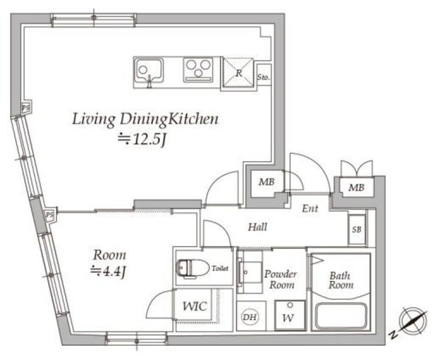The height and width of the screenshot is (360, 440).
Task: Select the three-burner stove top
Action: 198,70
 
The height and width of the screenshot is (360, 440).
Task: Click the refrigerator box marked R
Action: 238,73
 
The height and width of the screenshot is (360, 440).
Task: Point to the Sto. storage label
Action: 264,76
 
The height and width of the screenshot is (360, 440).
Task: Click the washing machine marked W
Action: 290,315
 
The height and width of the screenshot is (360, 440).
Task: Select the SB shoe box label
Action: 357,229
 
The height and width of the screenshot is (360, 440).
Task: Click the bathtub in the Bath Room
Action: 341,317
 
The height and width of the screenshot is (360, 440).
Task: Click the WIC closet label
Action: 195,306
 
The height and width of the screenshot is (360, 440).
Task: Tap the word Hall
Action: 257,227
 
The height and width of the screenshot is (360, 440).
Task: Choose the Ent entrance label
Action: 310,208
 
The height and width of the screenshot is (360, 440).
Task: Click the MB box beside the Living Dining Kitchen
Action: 266,183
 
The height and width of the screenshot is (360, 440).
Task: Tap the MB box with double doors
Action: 357,187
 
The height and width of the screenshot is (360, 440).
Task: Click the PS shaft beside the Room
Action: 50,215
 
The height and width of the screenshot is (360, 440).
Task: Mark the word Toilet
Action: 220,268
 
